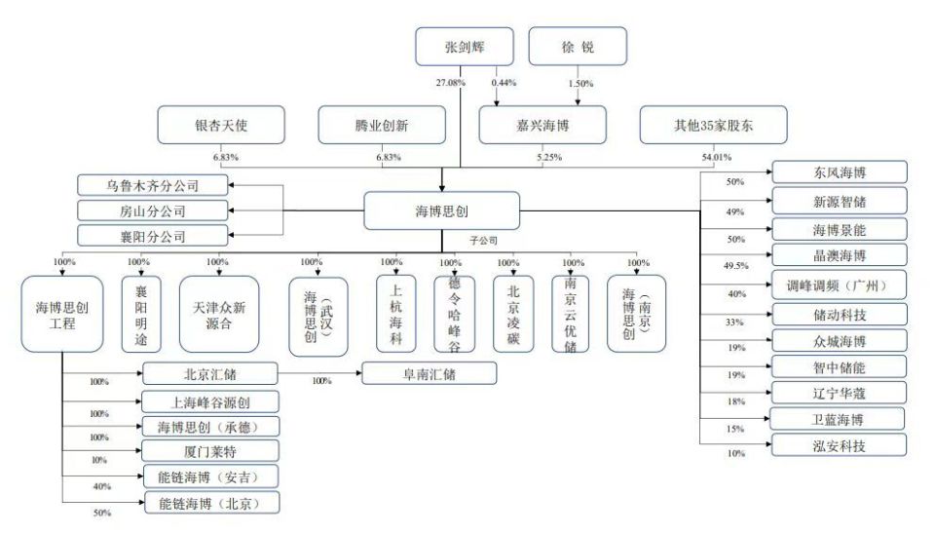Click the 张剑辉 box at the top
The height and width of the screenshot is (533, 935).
(x=464, y=47)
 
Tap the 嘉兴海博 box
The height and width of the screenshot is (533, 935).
(x=542, y=125)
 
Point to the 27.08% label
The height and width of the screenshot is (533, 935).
(x=450, y=83)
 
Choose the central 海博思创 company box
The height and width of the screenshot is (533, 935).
(x=441, y=210)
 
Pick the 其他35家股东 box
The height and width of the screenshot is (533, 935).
(x=702, y=125)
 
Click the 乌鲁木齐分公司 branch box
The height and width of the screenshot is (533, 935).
(x=152, y=184)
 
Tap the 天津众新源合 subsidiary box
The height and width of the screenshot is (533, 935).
(x=220, y=313)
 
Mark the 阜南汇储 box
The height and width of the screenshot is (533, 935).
(x=429, y=372)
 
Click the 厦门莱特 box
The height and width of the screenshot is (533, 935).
(x=210, y=450)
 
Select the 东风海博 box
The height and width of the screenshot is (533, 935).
(x=839, y=171)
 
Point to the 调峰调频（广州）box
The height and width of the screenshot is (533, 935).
(x=839, y=285)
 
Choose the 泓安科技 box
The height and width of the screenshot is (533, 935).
(x=839, y=445)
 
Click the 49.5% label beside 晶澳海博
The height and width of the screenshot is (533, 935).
(x=736, y=265)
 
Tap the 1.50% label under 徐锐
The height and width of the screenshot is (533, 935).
(x=581, y=83)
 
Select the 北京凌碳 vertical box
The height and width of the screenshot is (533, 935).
(x=513, y=313)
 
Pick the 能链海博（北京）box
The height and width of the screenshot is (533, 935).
(x=210, y=503)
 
